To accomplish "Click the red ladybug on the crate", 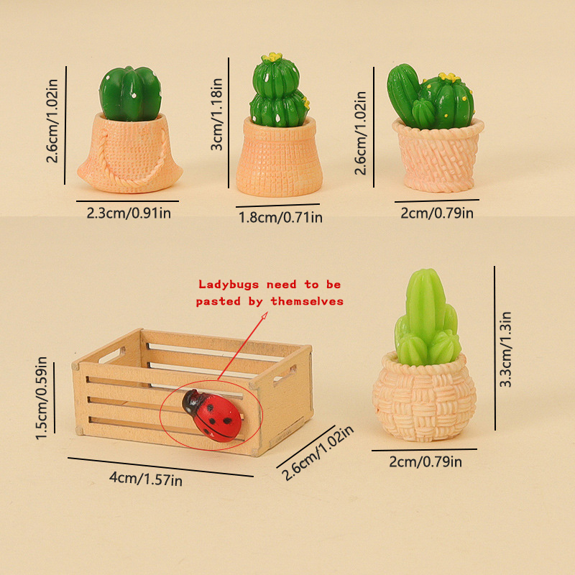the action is [212, 415].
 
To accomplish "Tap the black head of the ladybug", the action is [190, 401].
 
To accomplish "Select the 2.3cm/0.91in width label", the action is [129, 213].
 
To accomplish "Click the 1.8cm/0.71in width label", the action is [280, 218].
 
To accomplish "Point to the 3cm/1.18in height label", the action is [216, 114].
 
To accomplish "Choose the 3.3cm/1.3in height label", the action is [505, 349].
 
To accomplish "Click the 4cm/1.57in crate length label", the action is [146, 479].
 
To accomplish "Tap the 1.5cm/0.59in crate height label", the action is [41, 398].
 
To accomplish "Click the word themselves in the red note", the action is [307, 301].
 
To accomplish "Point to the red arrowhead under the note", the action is [264, 316].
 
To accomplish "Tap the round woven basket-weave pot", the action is [424, 397].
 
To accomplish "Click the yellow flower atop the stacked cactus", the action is [272, 57].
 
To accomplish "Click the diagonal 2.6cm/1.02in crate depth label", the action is [318, 454].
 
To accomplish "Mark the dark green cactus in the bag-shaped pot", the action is [130, 94].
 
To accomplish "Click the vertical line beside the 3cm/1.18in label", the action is [228, 123].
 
